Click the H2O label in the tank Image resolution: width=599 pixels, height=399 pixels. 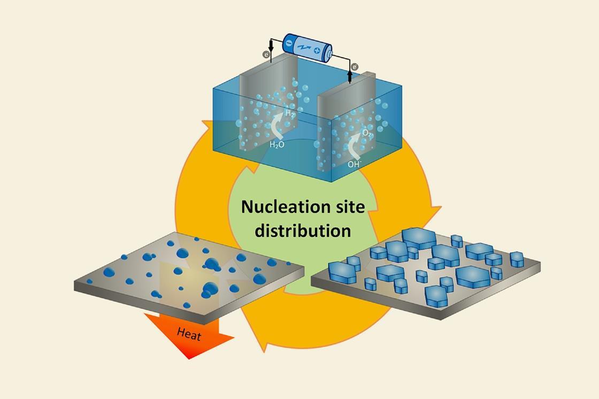pyautogui.click(x=277, y=144)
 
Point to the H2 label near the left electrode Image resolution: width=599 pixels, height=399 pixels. pyautogui.click(x=290, y=113)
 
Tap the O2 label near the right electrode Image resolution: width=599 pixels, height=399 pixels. pyautogui.click(x=367, y=133)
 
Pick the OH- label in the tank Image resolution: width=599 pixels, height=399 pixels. pyautogui.click(x=354, y=164)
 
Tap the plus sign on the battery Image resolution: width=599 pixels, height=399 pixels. pyautogui.click(x=317, y=51)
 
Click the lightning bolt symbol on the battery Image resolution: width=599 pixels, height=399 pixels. pyautogui.click(x=303, y=47)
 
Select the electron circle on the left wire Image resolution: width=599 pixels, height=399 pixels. pyautogui.click(x=265, y=54)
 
